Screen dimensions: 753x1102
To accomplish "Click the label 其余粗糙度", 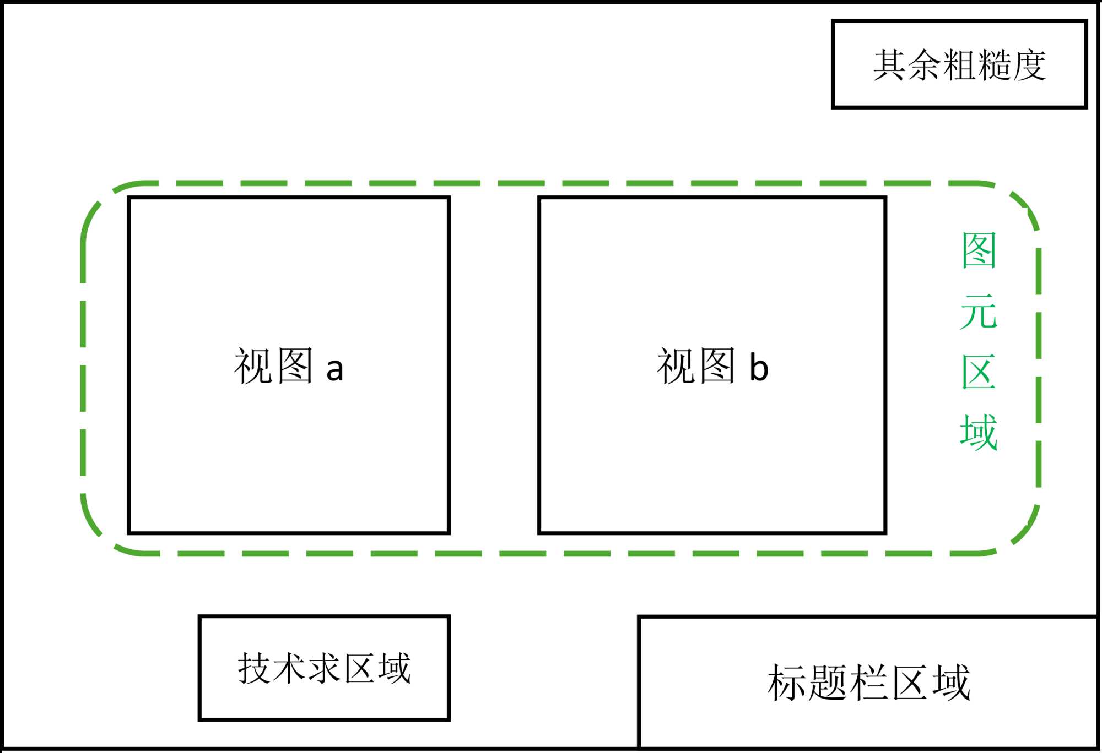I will coord(959,65).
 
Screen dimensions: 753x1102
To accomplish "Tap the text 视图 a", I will coord(289,366).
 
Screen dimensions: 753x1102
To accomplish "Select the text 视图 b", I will coord(712,366).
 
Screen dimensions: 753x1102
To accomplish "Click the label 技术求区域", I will coord(324,668).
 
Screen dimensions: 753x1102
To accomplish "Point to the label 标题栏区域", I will coord(868,683).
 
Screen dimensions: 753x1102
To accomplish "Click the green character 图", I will coord(979,250).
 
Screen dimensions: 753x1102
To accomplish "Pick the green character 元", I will coord(979,312).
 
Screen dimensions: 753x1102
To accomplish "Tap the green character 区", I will coord(979,372).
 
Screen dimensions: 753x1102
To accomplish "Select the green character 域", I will coord(979,433).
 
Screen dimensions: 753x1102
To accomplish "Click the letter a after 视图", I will coord(334,370).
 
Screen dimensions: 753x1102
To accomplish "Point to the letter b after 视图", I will coord(759,367).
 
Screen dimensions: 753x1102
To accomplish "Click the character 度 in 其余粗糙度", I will coord(1029,65).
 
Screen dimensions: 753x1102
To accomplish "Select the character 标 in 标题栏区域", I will coord(787,683).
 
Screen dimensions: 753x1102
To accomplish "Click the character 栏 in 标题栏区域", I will coord(869,683).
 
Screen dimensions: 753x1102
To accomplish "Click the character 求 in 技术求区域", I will coord(324,668).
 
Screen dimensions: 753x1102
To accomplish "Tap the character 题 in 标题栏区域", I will coord(828,683).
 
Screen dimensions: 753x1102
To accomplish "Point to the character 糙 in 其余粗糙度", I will coord(994,65).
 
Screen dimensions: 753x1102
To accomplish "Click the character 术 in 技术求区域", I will coord(289,668).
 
